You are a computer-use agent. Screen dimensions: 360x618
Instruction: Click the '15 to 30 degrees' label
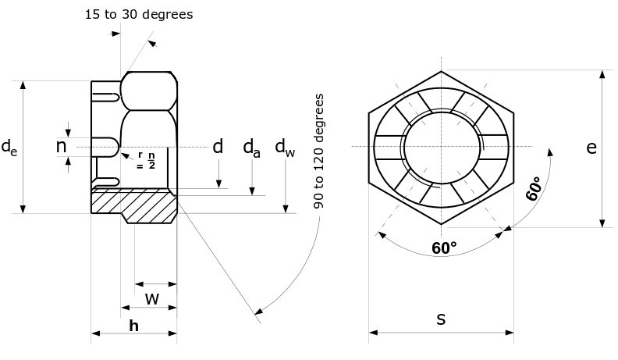(x=139, y=15)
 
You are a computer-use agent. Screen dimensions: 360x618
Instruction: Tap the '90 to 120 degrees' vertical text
(x=319, y=152)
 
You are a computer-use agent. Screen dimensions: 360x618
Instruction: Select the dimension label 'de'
(x=9, y=146)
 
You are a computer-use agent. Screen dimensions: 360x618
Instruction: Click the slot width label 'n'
(x=61, y=146)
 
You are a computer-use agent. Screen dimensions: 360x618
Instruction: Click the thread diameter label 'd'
(x=218, y=147)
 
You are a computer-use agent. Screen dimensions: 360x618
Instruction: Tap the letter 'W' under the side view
(x=152, y=298)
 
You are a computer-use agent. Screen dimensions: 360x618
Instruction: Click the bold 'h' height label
(x=133, y=326)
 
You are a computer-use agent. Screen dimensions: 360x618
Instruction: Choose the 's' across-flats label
(x=441, y=319)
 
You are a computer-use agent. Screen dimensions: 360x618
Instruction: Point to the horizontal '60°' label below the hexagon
(x=444, y=248)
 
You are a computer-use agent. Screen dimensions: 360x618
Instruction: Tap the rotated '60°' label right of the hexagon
(x=534, y=190)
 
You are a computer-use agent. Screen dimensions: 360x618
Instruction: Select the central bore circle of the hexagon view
(x=441, y=147)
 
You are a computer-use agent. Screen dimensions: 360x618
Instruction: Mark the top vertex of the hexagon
(x=442, y=71)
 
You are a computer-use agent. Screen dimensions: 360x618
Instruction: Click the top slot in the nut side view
(x=107, y=97)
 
